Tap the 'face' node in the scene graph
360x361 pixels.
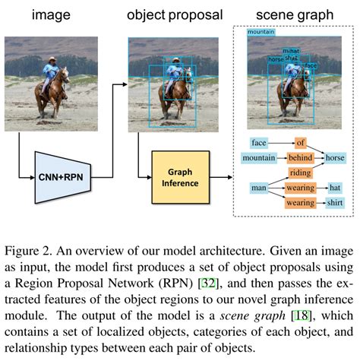259,142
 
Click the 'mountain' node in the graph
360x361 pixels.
258,157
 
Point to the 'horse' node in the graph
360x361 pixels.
334,157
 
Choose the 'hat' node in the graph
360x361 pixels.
335,188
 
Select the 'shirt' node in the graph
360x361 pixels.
335,203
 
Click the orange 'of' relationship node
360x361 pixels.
300,142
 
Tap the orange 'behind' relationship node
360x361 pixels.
300,157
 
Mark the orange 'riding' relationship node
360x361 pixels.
300,173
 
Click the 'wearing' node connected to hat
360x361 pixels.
300,188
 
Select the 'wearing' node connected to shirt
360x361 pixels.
300,203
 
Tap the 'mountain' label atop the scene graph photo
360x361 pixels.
261,33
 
